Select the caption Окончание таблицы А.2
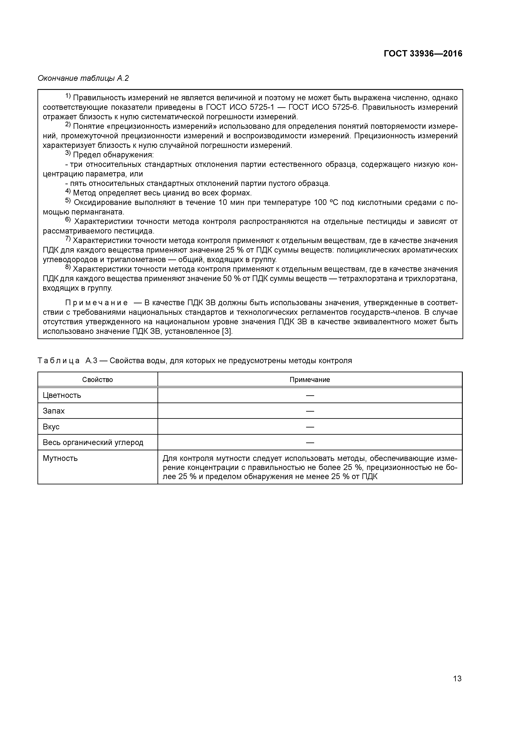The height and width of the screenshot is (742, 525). pyautogui.click(x=83, y=78)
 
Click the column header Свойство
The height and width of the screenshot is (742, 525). pyautogui.click(x=97, y=380)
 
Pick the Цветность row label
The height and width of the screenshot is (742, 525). pyautogui.click(x=62, y=395)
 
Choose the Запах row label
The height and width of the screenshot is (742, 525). pyautogui.click(x=54, y=411)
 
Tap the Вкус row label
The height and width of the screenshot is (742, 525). pyautogui.click(x=51, y=427)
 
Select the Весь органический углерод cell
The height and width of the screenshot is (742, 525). pyautogui.click(x=93, y=442)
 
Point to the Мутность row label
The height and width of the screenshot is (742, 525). pyautogui.click(x=60, y=458)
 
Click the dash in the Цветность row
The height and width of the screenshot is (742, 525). pyautogui.click(x=310, y=395)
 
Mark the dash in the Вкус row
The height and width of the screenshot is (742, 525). pyautogui.click(x=310, y=427)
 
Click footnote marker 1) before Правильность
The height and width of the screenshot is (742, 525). pyautogui.click(x=68, y=96)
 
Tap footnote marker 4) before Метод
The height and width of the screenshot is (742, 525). pyautogui.click(x=68, y=192)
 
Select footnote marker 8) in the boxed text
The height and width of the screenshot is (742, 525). pyautogui.click(x=68, y=268)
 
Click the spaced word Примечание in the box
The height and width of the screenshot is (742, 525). pyautogui.click(x=96, y=303)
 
